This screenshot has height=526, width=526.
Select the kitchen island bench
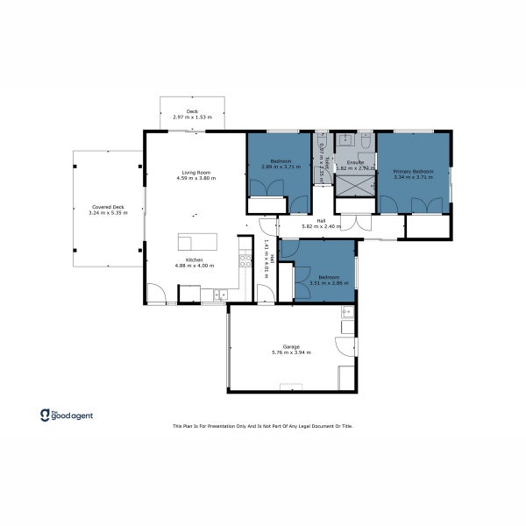pyautogui.click(x=195, y=242)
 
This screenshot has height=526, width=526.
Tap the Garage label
pyautogui.click(x=291, y=347)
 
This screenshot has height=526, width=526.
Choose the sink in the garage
pyautogui.click(x=347, y=311)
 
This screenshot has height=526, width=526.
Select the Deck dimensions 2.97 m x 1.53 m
pyautogui.click(x=192, y=117)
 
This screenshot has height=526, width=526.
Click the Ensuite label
pyautogui.click(x=355, y=162)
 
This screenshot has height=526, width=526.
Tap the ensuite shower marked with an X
pyautogui.click(x=355, y=186)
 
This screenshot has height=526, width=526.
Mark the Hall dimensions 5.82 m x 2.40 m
pyautogui.click(x=320, y=226)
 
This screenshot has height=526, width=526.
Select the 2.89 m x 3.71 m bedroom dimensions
pyautogui.click(x=281, y=167)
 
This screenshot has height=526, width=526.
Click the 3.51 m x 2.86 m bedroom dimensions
pyautogui.click(x=323, y=282)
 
